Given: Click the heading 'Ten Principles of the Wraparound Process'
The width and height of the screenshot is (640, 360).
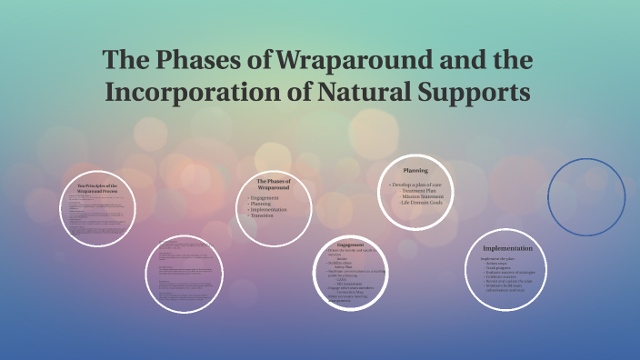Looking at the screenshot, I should (97, 188).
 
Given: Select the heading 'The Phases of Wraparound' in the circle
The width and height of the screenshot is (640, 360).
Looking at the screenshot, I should (274, 185).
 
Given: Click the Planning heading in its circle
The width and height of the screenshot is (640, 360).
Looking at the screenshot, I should (415, 170).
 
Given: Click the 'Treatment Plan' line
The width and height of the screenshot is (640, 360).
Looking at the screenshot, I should (421, 191).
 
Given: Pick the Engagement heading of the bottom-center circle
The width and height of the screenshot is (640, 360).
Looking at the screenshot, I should (350, 245).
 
